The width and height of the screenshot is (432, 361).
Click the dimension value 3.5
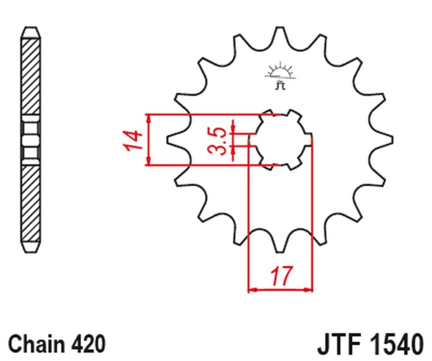[x=218, y=141]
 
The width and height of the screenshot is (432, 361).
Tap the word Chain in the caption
[x=36, y=344]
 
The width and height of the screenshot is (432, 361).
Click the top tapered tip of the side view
[x=31, y=31]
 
